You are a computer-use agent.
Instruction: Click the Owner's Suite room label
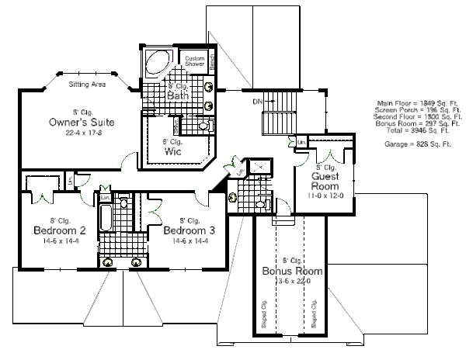82,122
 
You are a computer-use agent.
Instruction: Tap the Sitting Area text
86,83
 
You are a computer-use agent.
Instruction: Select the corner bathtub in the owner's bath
159,64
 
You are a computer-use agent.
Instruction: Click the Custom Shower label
194,62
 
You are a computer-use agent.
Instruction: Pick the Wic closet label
172,152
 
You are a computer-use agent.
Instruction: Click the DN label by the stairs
257,101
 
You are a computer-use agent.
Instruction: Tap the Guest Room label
325,181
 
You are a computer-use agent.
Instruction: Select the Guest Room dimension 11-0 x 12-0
325,196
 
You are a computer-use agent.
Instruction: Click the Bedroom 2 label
60,231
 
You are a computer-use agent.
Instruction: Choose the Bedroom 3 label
190,231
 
